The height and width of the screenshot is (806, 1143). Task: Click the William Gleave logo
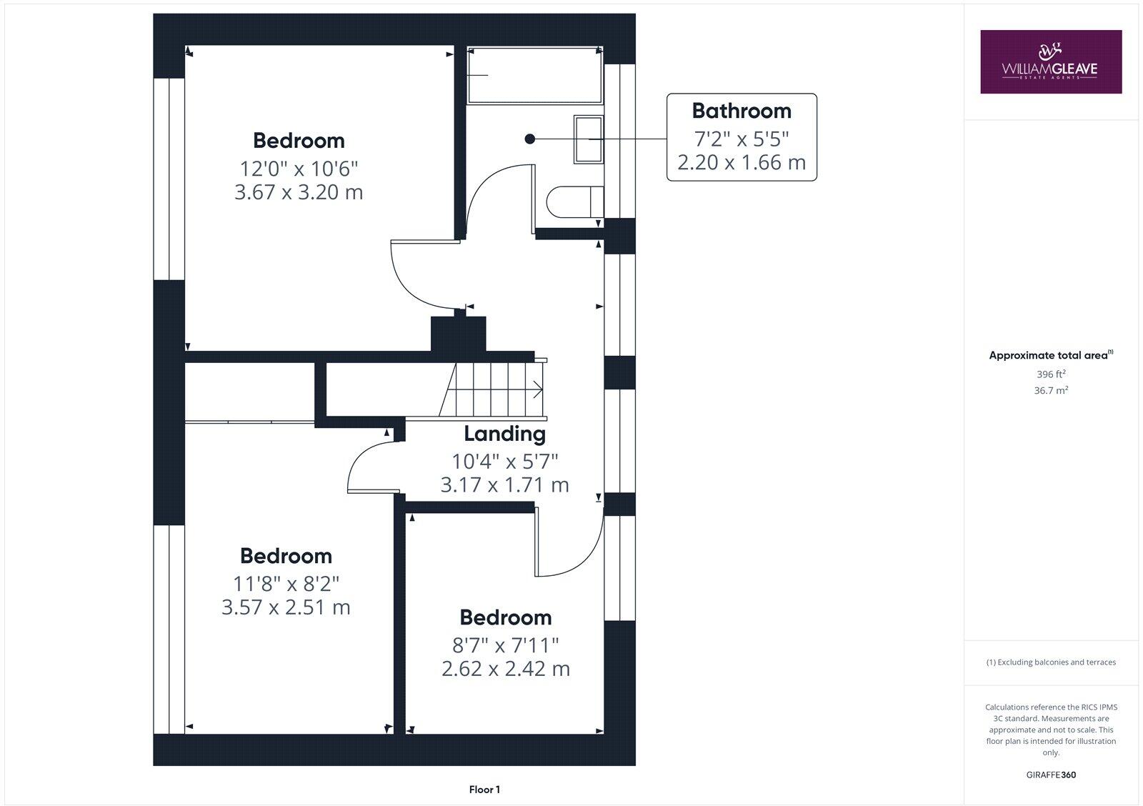click(1050, 61)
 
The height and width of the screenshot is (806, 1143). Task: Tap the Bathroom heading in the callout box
click(742, 111)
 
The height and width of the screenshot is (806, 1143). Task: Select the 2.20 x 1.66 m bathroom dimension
click(742, 162)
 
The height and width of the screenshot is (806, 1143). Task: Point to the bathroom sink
click(589, 139)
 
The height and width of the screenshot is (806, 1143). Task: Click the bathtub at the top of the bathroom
click(534, 76)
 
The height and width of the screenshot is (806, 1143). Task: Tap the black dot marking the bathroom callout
click(529, 139)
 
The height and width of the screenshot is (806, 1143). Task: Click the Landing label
click(504, 434)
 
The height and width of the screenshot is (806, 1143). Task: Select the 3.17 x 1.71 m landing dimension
click(504, 485)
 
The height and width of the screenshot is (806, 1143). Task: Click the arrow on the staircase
click(536, 390)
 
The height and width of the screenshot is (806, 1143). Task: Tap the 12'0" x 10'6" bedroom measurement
click(299, 169)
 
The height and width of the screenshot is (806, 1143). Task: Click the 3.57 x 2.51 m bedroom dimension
click(286, 607)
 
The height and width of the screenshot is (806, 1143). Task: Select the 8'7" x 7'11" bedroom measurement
click(506, 645)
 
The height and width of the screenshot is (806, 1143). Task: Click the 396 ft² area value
click(1051, 374)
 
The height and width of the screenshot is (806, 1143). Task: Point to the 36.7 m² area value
click(1051, 391)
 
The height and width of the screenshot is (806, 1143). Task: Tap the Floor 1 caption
click(484, 790)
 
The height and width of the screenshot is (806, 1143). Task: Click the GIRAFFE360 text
click(1051, 775)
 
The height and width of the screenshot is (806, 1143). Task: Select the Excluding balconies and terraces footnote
click(1051, 662)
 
